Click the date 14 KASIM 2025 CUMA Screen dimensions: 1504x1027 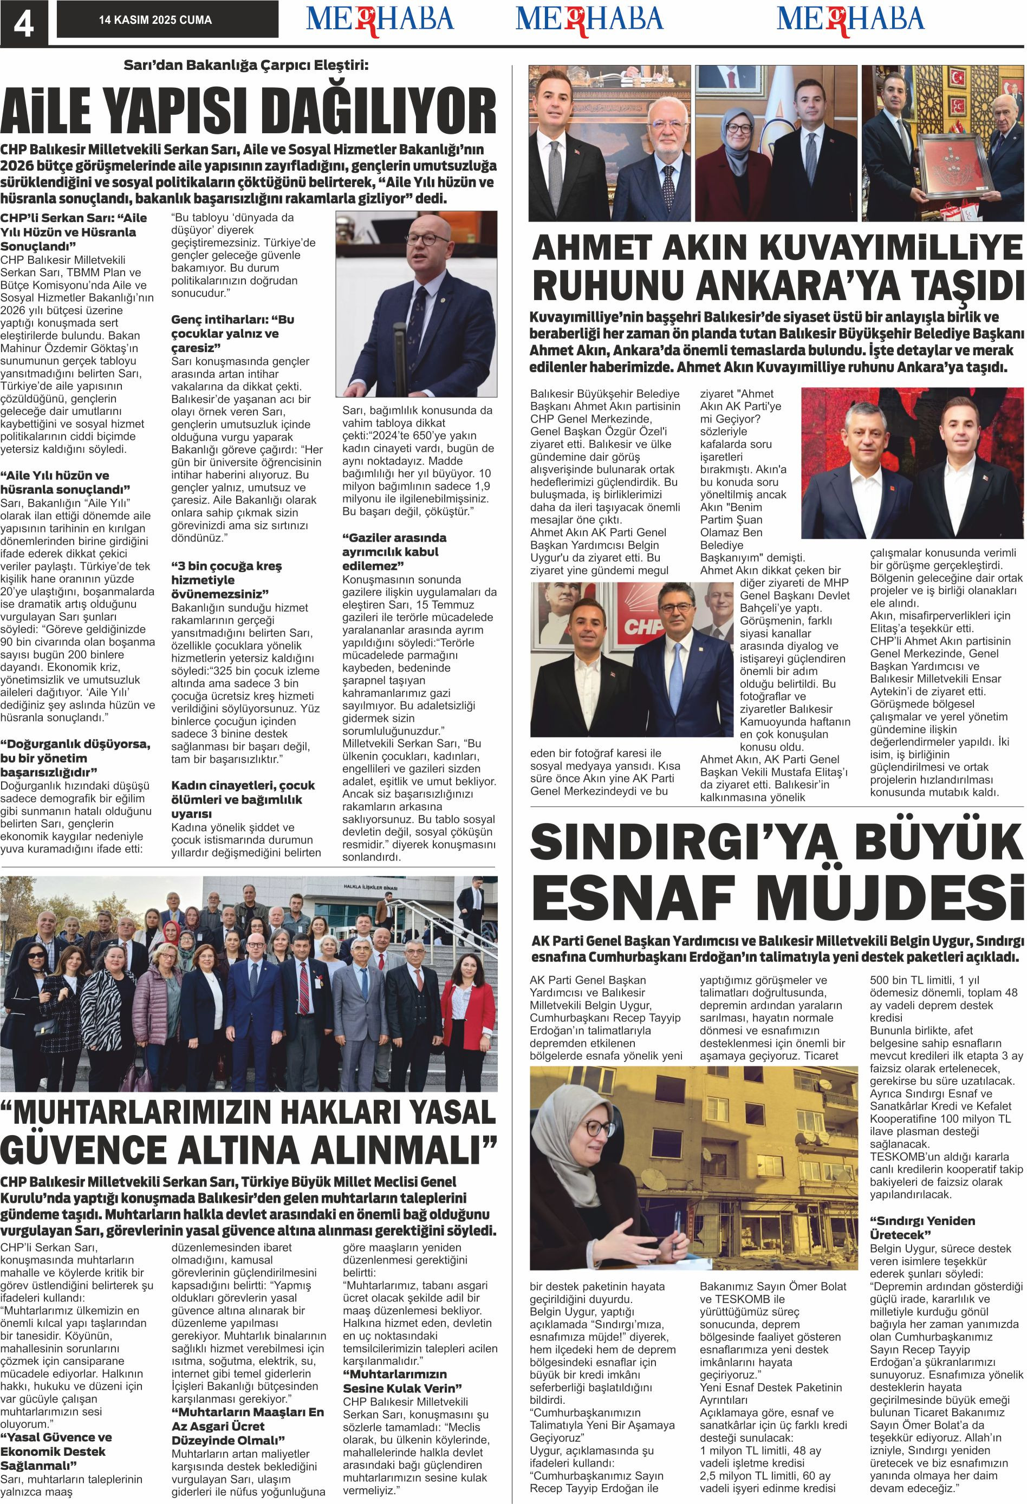155,20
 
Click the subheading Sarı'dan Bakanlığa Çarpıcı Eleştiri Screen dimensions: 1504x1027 246,66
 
